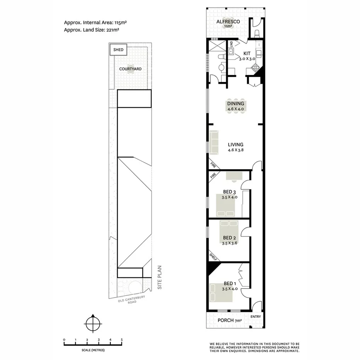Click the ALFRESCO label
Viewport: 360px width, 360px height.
(228, 22)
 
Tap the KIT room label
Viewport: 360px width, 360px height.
(247, 54)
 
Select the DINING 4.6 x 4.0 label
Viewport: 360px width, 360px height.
(235, 104)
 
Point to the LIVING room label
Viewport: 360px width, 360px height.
(235, 145)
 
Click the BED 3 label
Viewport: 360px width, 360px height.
(229, 192)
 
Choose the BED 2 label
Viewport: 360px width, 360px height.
(229, 238)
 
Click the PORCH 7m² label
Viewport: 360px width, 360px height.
(231, 320)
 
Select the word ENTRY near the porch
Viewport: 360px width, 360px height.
(255, 317)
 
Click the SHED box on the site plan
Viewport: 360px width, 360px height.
(118, 50)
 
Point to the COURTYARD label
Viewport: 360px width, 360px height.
(130, 69)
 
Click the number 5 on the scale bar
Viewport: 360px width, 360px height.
(122, 340)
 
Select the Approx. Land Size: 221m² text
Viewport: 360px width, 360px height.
(91, 30)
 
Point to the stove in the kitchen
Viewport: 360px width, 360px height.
(256, 68)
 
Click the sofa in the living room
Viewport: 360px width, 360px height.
(214, 142)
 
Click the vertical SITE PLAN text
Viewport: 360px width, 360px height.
(158, 277)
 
